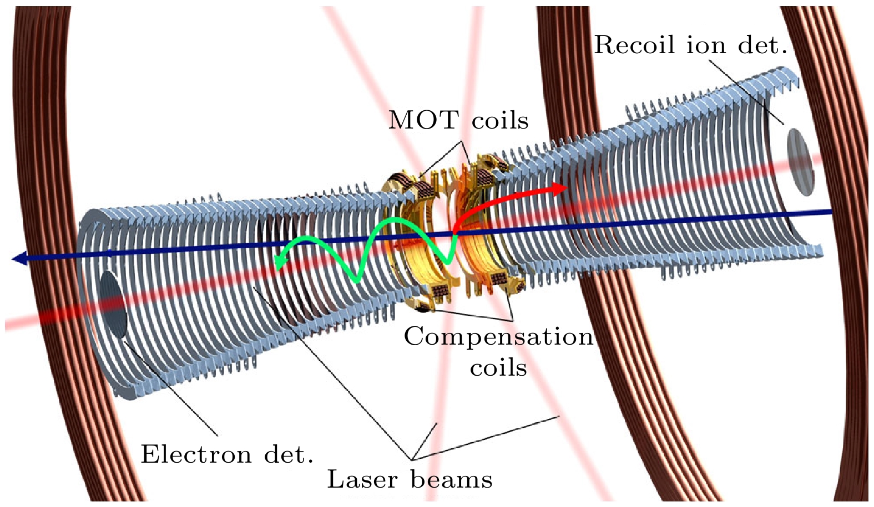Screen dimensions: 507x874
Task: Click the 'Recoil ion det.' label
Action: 690,45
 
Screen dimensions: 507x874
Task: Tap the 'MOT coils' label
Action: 458,120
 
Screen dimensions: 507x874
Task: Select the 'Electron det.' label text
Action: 227,454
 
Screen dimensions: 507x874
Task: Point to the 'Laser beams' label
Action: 410,479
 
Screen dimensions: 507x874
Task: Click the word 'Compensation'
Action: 498,336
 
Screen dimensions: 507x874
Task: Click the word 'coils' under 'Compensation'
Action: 498,367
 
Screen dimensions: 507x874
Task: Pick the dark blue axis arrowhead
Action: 20,258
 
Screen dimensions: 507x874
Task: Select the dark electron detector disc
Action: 113,304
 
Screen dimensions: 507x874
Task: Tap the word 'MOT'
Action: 423,120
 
